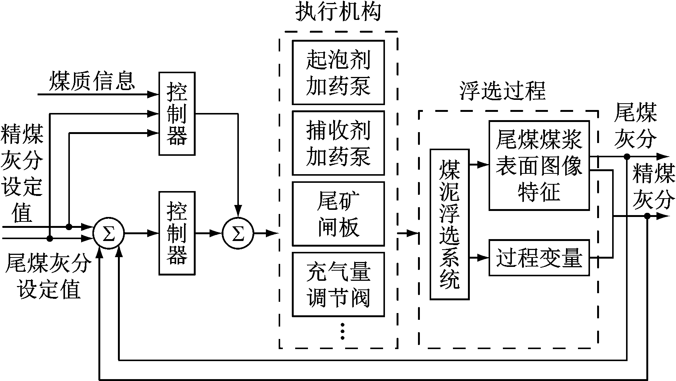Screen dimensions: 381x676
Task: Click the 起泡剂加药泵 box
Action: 338,72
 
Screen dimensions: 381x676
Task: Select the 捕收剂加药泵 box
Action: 338,143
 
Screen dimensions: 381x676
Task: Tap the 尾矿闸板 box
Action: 338,214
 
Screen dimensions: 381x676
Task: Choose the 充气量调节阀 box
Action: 338,284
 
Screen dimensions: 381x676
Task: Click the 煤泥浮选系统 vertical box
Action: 449,224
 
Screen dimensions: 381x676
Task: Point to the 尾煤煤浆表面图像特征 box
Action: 539,165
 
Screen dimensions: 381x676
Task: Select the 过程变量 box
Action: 539,258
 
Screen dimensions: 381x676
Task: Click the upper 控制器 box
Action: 177,113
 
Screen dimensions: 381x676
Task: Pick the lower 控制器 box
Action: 177,233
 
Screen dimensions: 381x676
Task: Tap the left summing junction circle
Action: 109,233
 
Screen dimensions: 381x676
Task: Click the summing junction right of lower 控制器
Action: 238,233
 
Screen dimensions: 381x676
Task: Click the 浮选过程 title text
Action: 502,91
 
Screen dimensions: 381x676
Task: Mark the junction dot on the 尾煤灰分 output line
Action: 626,156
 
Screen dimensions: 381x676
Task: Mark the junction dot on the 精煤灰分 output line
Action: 647,216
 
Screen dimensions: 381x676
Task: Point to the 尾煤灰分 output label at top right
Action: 635,125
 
